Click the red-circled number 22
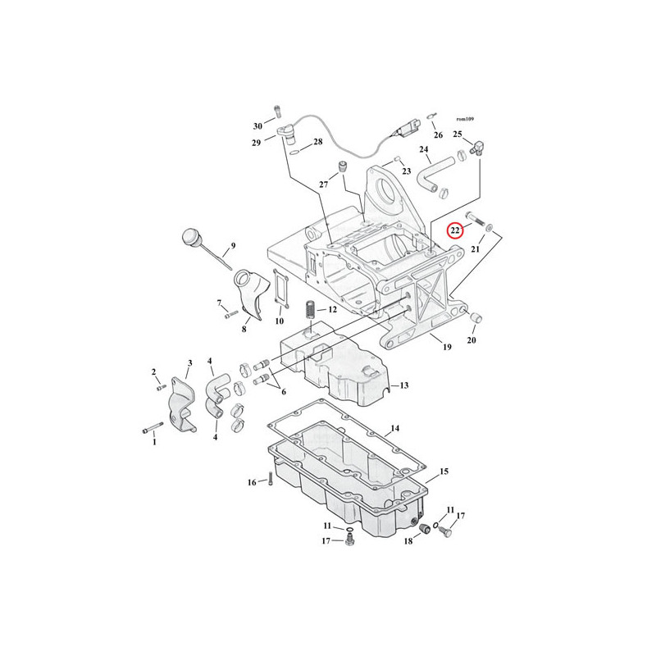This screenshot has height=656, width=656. [x=455, y=230]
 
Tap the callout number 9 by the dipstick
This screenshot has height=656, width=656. [x=233, y=245]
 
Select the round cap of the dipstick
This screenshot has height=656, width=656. [x=192, y=236]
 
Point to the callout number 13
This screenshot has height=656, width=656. [x=404, y=385]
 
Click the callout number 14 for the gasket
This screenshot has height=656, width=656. [x=395, y=428]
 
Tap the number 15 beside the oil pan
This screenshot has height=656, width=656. [x=444, y=471]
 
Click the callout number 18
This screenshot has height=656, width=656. [x=408, y=541]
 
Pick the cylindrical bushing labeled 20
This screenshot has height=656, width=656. [x=476, y=317]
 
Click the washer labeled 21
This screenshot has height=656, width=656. [x=489, y=228]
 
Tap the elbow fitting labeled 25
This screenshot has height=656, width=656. [x=476, y=148]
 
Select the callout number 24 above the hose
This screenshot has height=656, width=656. [x=424, y=149]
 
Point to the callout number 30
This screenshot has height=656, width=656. [x=257, y=126]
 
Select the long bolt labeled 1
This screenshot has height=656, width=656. [x=153, y=428]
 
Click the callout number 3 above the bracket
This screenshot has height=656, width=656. [x=190, y=363]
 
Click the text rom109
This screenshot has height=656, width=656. [x=465, y=119]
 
